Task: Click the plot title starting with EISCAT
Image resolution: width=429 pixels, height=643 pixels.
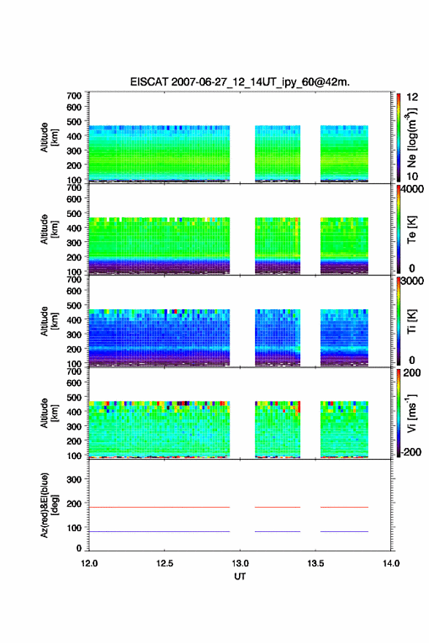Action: (x=240, y=82)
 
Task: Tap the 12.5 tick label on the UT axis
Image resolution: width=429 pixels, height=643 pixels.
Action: (x=164, y=563)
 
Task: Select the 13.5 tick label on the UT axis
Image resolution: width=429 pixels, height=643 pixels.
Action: (x=316, y=563)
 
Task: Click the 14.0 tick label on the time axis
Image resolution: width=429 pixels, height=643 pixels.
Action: (x=391, y=563)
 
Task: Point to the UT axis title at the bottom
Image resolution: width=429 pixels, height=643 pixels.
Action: (x=240, y=577)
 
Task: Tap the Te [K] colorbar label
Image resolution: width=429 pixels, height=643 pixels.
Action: (x=411, y=229)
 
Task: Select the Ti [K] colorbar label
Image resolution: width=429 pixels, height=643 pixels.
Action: (x=411, y=321)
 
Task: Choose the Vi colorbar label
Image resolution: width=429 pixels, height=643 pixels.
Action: (x=411, y=413)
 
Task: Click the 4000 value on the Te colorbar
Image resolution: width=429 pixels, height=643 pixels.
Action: (x=413, y=189)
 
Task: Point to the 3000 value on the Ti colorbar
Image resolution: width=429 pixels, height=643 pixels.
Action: (x=413, y=281)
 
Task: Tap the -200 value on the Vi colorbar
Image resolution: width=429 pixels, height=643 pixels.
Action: (x=411, y=452)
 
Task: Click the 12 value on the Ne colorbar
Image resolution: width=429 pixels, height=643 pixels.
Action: (x=413, y=97)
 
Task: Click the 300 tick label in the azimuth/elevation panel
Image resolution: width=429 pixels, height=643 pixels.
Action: (x=74, y=479)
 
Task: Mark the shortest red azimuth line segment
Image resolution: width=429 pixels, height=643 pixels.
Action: (x=277, y=507)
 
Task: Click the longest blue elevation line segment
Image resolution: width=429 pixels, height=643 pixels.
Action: (x=159, y=531)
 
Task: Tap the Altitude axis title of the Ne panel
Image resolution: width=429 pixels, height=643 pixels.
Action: (x=49, y=137)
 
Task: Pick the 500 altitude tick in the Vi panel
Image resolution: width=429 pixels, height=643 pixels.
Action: (x=74, y=397)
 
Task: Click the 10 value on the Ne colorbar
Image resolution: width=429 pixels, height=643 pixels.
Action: (x=413, y=176)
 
